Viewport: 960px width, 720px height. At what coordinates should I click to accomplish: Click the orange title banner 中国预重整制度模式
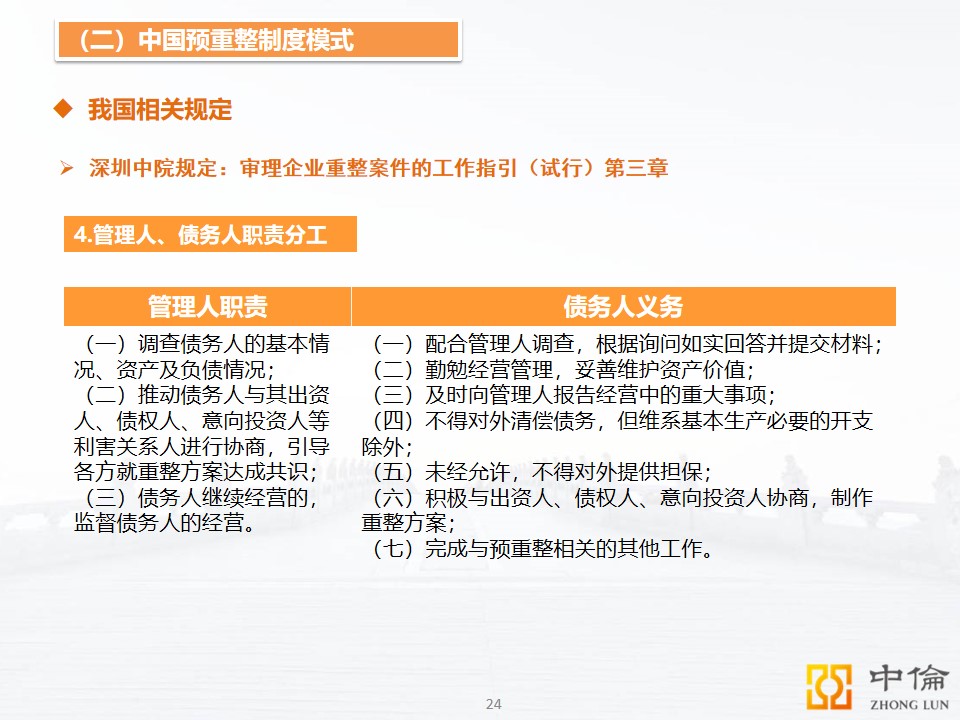coord(258,40)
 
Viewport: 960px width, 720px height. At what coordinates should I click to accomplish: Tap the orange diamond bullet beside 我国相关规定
coord(63,109)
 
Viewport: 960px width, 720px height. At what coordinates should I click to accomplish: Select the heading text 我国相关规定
coord(160,110)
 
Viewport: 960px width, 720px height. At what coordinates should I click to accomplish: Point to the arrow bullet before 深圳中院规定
coord(66,167)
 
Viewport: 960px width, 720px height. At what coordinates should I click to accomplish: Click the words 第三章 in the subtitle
coord(636,168)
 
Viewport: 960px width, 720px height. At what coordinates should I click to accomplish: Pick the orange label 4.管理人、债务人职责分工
coord(210,234)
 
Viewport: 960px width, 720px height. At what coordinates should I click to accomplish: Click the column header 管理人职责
coord(208,306)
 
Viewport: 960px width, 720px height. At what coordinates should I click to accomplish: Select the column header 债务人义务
coord(623,306)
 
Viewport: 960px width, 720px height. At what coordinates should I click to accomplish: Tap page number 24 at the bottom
coord(493,704)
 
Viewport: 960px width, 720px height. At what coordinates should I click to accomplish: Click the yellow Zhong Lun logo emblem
coord(829,686)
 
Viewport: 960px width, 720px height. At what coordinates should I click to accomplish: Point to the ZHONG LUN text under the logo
coord(909,705)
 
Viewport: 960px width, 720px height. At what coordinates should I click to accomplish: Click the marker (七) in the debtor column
coord(392,549)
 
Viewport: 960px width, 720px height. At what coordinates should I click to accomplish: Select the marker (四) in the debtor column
coord(392,421)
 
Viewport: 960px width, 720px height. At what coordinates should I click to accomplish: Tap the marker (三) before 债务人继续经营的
coord(105,498)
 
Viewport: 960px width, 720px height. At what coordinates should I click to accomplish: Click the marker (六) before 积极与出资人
coord(392,498)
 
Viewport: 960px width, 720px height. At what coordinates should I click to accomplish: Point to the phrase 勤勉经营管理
coord(489,370)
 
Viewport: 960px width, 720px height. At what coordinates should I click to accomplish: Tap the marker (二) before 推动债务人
coord(105,395)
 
